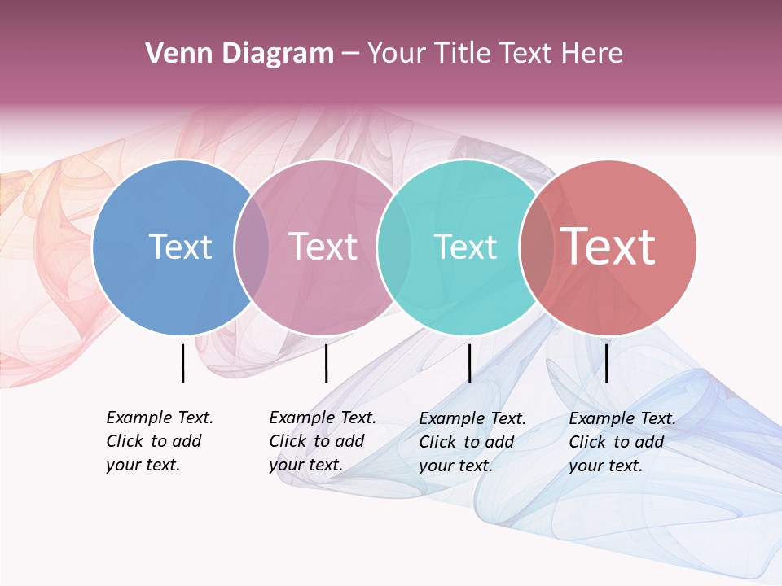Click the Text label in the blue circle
tap(180, 247)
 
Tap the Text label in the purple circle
tap(323, 247)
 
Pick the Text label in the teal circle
tap(465, 247)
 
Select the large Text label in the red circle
tap(608, 246)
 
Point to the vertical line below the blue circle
tap(182, 363)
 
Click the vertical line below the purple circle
tap(326, 363)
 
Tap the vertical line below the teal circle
tap(469, 363)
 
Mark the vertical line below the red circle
tap(606, 363)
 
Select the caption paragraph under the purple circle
tap(323, 441)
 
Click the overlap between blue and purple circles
tap(252, 247)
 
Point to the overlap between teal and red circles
tap(537, 247)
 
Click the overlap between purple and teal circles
tap(394, 247)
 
